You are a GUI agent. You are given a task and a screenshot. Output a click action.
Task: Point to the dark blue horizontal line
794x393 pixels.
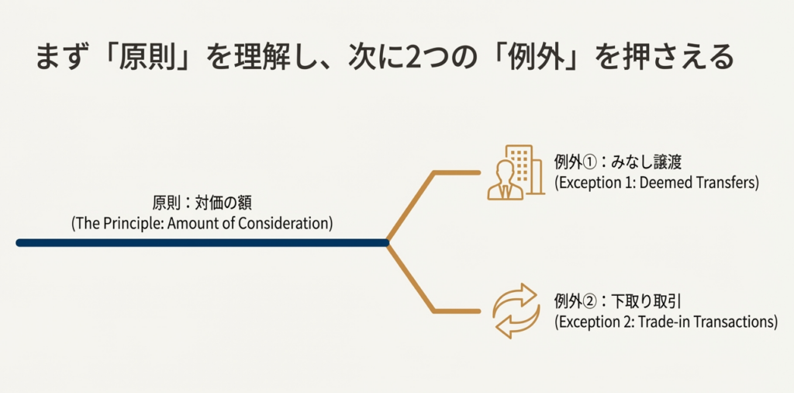pos(202,243)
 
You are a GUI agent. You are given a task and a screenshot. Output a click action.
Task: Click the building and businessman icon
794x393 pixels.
pos(511,172)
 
